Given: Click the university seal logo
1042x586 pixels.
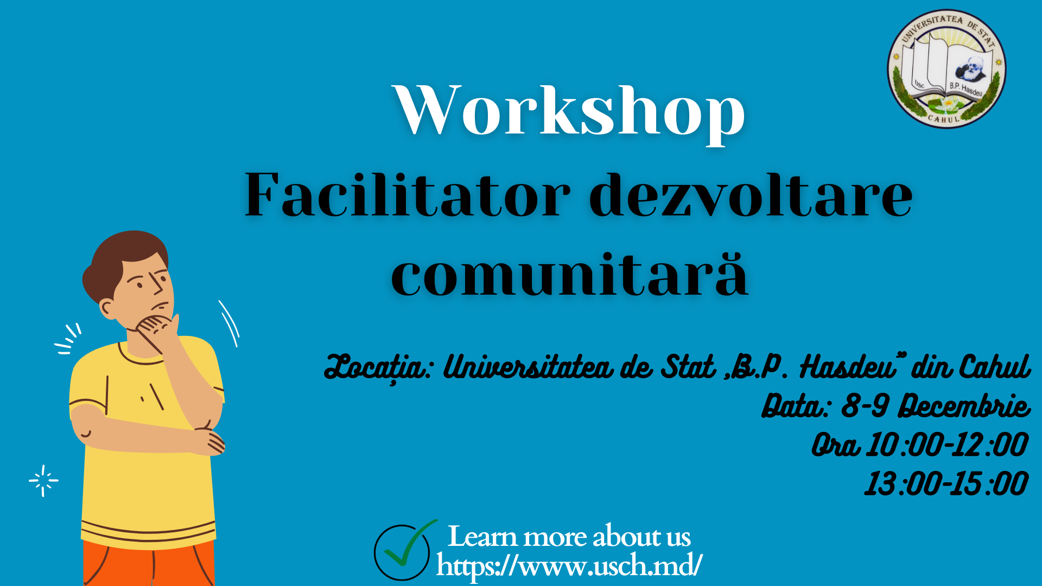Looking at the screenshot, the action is coord(946,69).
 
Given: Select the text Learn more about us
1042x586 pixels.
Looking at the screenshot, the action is coord(569,537).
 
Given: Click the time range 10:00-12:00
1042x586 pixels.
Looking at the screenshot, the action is coord(946,445).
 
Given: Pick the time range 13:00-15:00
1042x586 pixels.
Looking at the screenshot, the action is coord(946,484).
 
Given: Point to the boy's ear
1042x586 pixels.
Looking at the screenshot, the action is coord(107,310).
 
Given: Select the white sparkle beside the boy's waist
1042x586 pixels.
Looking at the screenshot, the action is coord(43,481).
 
